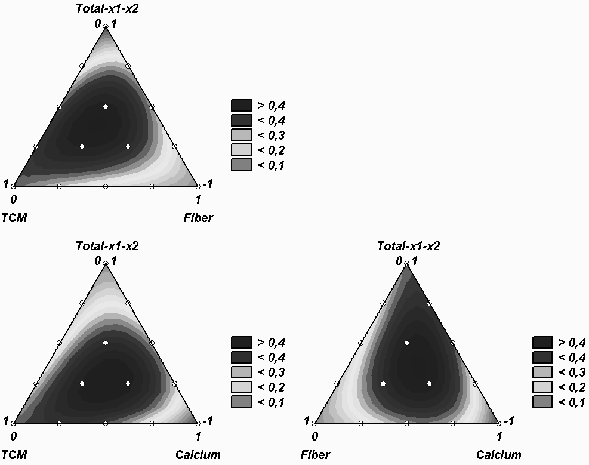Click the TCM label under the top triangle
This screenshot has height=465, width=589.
[14, 218]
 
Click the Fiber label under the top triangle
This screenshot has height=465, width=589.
[198, 218]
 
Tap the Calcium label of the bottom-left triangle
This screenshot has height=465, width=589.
[198, 455]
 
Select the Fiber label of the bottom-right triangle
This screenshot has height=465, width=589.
[315, 455]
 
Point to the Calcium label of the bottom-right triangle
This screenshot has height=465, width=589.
[498, 455]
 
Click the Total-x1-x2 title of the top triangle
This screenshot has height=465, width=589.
[107, 8]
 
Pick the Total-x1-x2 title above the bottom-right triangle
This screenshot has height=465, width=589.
[408, 245]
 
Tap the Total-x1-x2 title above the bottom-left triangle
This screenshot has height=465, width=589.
[107, 245]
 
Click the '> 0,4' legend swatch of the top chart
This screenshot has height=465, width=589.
[241, 106]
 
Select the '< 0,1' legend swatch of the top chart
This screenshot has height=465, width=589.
[241, 165]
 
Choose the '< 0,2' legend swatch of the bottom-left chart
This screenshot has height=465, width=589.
[241, 387]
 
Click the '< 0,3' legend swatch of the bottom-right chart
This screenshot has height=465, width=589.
[542, 372]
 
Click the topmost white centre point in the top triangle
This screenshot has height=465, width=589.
[106, 107]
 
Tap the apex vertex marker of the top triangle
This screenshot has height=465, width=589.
[106, 27]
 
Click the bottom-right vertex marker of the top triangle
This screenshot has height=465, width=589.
[198, 186]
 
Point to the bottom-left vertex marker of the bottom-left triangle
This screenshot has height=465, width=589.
[13, 423]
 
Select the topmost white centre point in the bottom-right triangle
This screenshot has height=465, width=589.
[407, 343]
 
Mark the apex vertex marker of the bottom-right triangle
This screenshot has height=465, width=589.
[407, 264]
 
